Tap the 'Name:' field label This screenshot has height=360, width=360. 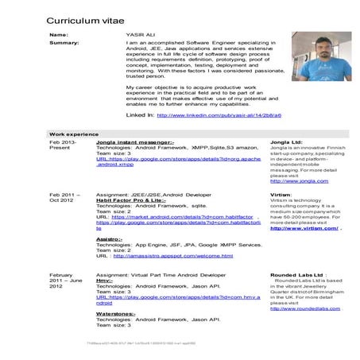click(58, 35)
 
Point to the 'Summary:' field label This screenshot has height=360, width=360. click(64, 43)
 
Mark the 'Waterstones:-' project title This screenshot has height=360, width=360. click(115, 315)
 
